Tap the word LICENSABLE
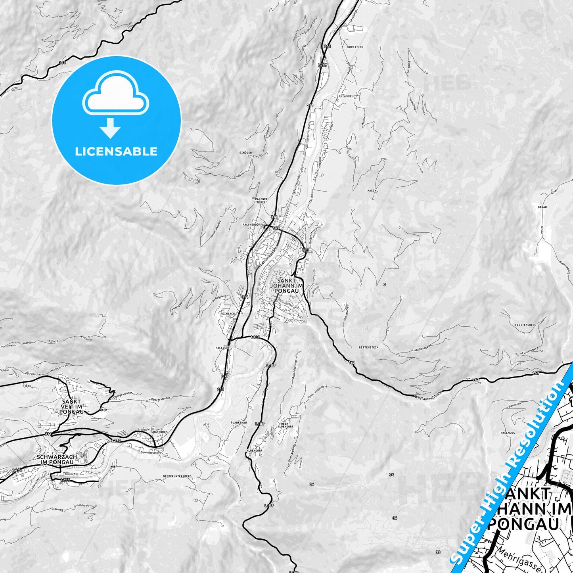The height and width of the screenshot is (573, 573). click(x=116, y=151)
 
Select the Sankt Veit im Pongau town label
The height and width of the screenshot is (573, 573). click(x=71, y=406)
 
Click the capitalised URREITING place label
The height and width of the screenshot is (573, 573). click(x=355, y=47)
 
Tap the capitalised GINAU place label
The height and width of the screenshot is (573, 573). click(x=542, y=207)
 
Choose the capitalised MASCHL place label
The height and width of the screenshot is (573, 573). click(x=373, y=190)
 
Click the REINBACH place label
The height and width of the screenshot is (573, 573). click(x=228, y=313)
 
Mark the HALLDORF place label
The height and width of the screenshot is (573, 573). click(x=222, y=348)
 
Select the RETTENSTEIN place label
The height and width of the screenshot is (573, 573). click(x=368, y=347)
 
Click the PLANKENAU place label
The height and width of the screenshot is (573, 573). click(x=239, y=423)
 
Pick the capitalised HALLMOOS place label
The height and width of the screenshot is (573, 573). click(x=508, y=433)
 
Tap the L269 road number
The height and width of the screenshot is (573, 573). click(x=323, y=65)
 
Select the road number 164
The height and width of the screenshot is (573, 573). click(x=62, y=63)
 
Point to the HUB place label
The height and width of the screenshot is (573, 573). click(x=114, y=467)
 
